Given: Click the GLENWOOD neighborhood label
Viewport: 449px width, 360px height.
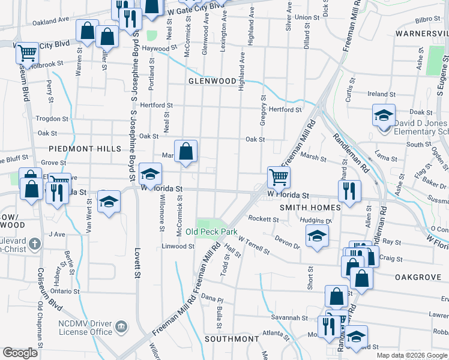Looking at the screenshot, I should click(212, 80).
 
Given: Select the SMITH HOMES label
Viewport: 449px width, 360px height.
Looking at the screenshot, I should click(310, 208).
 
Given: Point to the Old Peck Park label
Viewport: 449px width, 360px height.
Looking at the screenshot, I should click(211, 232).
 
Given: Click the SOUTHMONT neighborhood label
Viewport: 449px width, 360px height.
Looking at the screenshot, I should click(231, 339).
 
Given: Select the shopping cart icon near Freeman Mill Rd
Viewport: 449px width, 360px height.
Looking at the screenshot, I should click(279, 177).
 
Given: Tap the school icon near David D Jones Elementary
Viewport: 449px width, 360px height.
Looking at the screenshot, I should click(384, 115).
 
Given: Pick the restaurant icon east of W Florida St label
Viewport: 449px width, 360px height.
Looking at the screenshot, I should click(349, 191).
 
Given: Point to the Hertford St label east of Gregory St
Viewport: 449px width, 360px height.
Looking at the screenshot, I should click(285, 110).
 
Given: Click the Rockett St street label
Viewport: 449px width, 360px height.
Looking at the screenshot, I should click(264, 220).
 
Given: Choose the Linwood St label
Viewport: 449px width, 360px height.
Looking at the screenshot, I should click(178, 247).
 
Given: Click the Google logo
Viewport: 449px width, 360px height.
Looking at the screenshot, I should click(20, 353).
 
